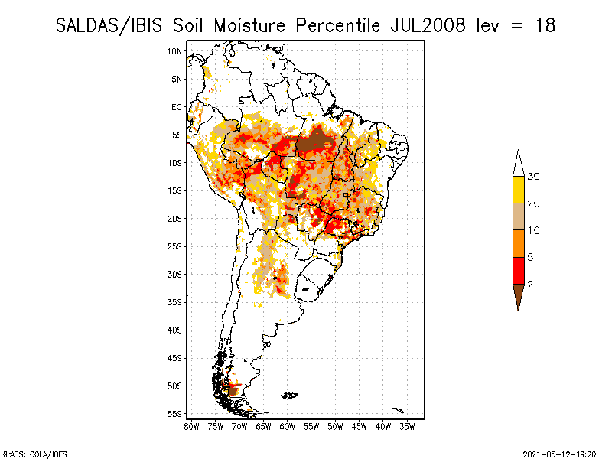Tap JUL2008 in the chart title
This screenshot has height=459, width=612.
point(426,25)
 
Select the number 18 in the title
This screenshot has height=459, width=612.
point(545,25)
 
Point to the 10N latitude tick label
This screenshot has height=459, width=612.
point(175,51)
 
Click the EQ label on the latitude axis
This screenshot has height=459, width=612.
point(177,107)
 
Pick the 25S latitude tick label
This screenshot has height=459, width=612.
point(175,246)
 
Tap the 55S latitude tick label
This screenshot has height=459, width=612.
point(175,414)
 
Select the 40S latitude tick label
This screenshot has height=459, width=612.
point(175,330)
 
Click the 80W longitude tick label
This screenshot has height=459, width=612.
point(191,427)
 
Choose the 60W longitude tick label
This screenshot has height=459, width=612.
point(288,427)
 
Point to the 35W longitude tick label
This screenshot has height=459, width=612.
point(408,427)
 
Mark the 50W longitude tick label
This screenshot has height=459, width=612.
point(336,427)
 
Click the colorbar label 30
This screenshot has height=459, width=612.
point(534,177)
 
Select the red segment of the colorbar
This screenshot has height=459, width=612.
point(518,271)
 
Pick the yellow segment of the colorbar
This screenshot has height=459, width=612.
point(518,190)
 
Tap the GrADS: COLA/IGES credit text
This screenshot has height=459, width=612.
point(32,453)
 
